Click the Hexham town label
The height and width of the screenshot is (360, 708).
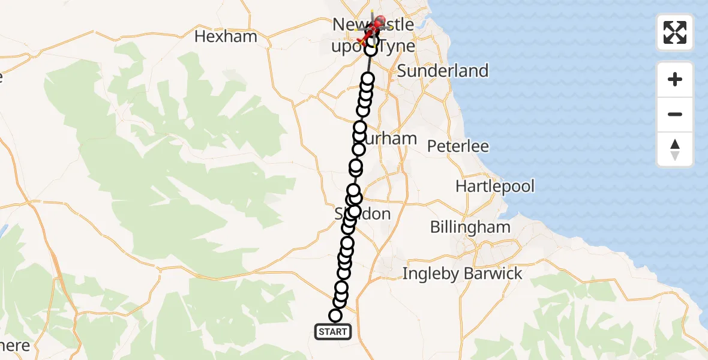(226, 37)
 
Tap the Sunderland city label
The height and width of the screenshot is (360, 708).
(443, 71)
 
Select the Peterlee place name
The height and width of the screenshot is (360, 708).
(458, 146)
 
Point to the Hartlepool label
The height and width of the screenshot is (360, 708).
(495, 186)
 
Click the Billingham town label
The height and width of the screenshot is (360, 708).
(470, 227)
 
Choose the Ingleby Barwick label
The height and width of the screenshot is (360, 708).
(462, 274)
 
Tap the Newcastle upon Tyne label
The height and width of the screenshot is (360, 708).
(373, 35)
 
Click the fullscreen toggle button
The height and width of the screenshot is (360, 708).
(675, 32)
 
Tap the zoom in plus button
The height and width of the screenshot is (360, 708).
(675, 79)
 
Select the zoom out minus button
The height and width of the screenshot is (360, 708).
(675, 114)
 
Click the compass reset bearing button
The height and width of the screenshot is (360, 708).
(675, 149)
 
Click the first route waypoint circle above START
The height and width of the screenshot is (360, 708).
(335, 316)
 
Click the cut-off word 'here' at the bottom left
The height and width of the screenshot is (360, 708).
(14, 346)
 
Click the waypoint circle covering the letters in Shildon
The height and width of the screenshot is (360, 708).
(354, 211)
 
